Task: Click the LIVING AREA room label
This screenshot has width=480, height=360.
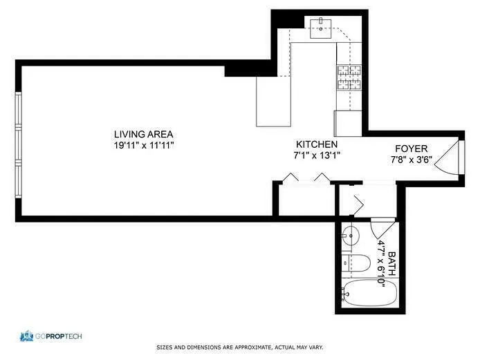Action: click(144, 134)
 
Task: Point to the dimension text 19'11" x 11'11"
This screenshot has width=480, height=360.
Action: click(144, 145)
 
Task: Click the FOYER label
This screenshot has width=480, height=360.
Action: click(411, 149)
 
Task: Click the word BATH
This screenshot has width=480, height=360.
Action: click(393, 262)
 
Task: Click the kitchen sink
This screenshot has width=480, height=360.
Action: click(320, 28)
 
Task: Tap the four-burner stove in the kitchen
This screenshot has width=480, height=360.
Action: click(349, 78)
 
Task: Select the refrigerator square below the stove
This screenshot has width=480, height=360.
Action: click(348, 123)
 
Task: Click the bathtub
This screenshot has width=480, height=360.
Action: click(370, 294)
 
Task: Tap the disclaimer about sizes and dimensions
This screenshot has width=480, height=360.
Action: click(239, 347)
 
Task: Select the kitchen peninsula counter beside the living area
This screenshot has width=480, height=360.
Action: click(273, 101)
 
